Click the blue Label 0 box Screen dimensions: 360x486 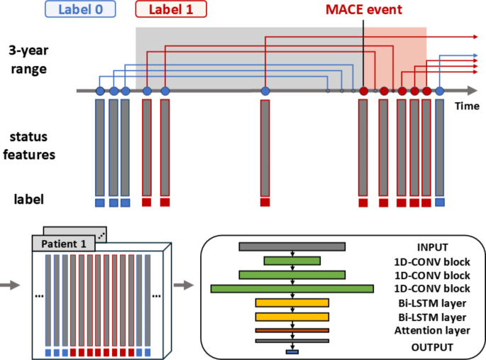point(79,9)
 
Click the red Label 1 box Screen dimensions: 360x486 point(171,9)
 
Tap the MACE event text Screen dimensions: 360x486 point(363,10)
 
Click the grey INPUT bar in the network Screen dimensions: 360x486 point(292,246)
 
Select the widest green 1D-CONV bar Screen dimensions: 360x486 point(292,288)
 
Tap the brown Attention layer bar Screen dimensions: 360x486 point(292,330)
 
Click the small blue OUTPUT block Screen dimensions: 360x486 point(292,351)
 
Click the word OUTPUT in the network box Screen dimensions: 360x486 point(432,347)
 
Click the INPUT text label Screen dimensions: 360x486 point(432,247)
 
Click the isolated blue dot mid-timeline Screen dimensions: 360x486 point(265,91)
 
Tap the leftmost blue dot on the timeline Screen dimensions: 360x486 point(100,91)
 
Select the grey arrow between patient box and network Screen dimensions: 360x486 point(183,285)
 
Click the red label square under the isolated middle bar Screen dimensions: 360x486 point(265,202)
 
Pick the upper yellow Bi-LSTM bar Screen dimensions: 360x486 point(292,303)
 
